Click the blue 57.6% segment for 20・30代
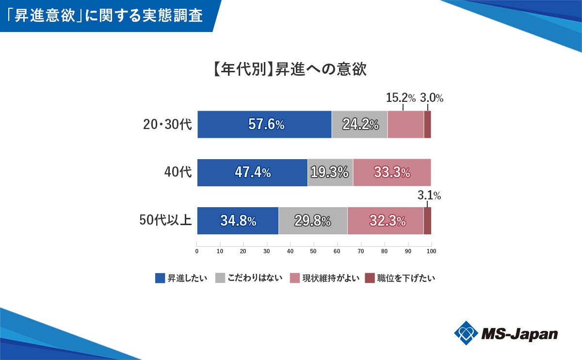coord(264,125)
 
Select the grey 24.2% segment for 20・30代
coord(359,125)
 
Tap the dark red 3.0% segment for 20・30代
coord(427,125)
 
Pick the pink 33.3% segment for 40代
coord(392,173)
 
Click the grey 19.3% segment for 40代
coord(330,173)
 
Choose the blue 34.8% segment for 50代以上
coord(238,221)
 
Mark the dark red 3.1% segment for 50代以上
coord(427,221)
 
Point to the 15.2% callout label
coord(401,98)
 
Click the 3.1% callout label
coord(429,196)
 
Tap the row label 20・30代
coord(167,125)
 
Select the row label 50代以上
coord(165,221)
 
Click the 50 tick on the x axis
coord(313,251)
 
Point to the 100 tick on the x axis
coord(431,251)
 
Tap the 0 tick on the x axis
coord(196,251)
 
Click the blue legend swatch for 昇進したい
coord(160,278)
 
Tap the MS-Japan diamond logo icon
coord(466,333)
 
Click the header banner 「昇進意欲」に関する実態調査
coord(107,16)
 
